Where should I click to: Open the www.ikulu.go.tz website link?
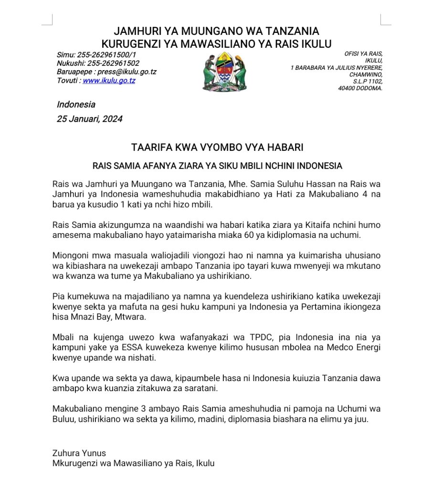tap(109, 81)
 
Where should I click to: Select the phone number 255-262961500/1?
tap(106, 55)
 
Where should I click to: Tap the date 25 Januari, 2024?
tap(90, 119)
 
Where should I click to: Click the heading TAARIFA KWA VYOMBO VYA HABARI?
tap(217, 147)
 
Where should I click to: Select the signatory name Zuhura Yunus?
tap(79, 453)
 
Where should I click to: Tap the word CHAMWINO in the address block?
tap(366, 74)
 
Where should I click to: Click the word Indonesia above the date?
tap(76, 105)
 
